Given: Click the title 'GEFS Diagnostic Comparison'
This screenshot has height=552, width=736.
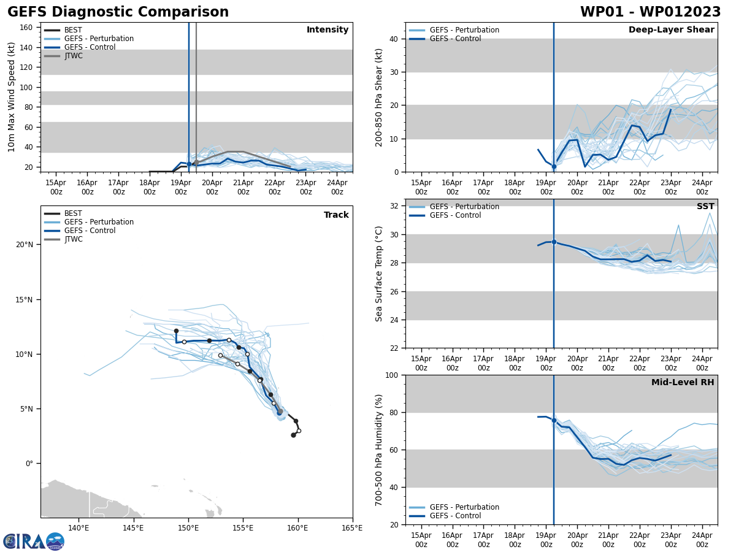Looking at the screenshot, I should (118, 12).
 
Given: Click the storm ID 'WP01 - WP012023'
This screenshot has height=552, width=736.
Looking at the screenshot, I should (650, 12).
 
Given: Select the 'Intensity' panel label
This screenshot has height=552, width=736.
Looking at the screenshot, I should (328, 30).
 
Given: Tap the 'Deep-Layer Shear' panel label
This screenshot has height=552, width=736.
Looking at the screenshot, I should (671, 30).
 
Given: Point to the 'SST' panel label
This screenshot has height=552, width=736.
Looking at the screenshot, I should (705, 207).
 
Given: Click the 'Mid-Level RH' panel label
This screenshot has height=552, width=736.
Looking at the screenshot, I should (683, 383).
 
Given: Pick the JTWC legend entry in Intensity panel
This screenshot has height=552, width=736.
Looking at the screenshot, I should (73, 56).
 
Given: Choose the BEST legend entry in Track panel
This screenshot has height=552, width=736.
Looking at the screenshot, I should (73, 213).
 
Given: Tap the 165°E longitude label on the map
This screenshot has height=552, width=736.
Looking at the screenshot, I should (352, 528).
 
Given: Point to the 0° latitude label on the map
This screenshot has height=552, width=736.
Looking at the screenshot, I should (29, 464).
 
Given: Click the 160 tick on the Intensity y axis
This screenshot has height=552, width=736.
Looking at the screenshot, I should (26, 28).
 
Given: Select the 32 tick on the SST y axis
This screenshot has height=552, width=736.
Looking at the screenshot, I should (395, 206).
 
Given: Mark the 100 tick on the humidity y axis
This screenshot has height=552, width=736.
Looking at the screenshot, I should (393, 375).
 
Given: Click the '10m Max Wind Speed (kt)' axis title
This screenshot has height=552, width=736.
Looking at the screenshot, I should (12, 97).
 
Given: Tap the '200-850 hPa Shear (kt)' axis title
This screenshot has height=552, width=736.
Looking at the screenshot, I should (379, 97).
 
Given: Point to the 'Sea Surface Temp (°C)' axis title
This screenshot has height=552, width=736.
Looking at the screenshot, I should (379, 274).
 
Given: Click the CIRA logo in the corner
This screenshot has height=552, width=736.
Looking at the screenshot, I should (34, 542).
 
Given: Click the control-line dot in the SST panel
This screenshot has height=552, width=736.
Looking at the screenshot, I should (554, 242).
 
